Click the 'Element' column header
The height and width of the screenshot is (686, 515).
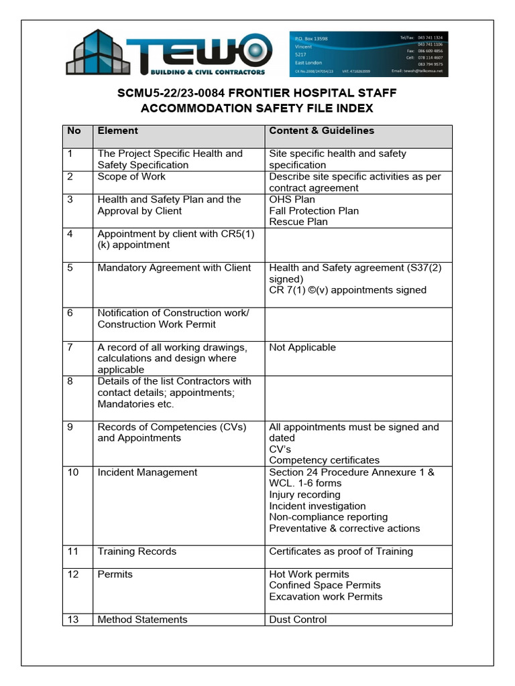[118, 131]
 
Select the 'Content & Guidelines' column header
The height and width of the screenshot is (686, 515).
[321, 131]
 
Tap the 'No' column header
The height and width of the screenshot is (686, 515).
[74, 131]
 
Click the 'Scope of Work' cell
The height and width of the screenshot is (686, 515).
[131, 177]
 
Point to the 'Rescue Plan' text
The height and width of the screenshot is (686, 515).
[298, 222]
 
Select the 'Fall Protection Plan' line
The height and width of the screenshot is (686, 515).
[314, 211]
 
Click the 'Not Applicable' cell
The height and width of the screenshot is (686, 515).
[302, 348]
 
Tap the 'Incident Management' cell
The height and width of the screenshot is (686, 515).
[148, 473]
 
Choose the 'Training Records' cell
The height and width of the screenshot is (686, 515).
[137, 552]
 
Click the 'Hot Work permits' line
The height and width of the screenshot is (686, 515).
[309, 575]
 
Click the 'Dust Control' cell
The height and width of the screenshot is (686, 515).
[298, 620]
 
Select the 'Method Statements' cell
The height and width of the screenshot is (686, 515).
[142, 620]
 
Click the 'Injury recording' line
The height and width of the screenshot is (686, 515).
[304, 495]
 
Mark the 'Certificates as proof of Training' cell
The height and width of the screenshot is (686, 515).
[341, 552]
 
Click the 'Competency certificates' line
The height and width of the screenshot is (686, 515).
[324, 461]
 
